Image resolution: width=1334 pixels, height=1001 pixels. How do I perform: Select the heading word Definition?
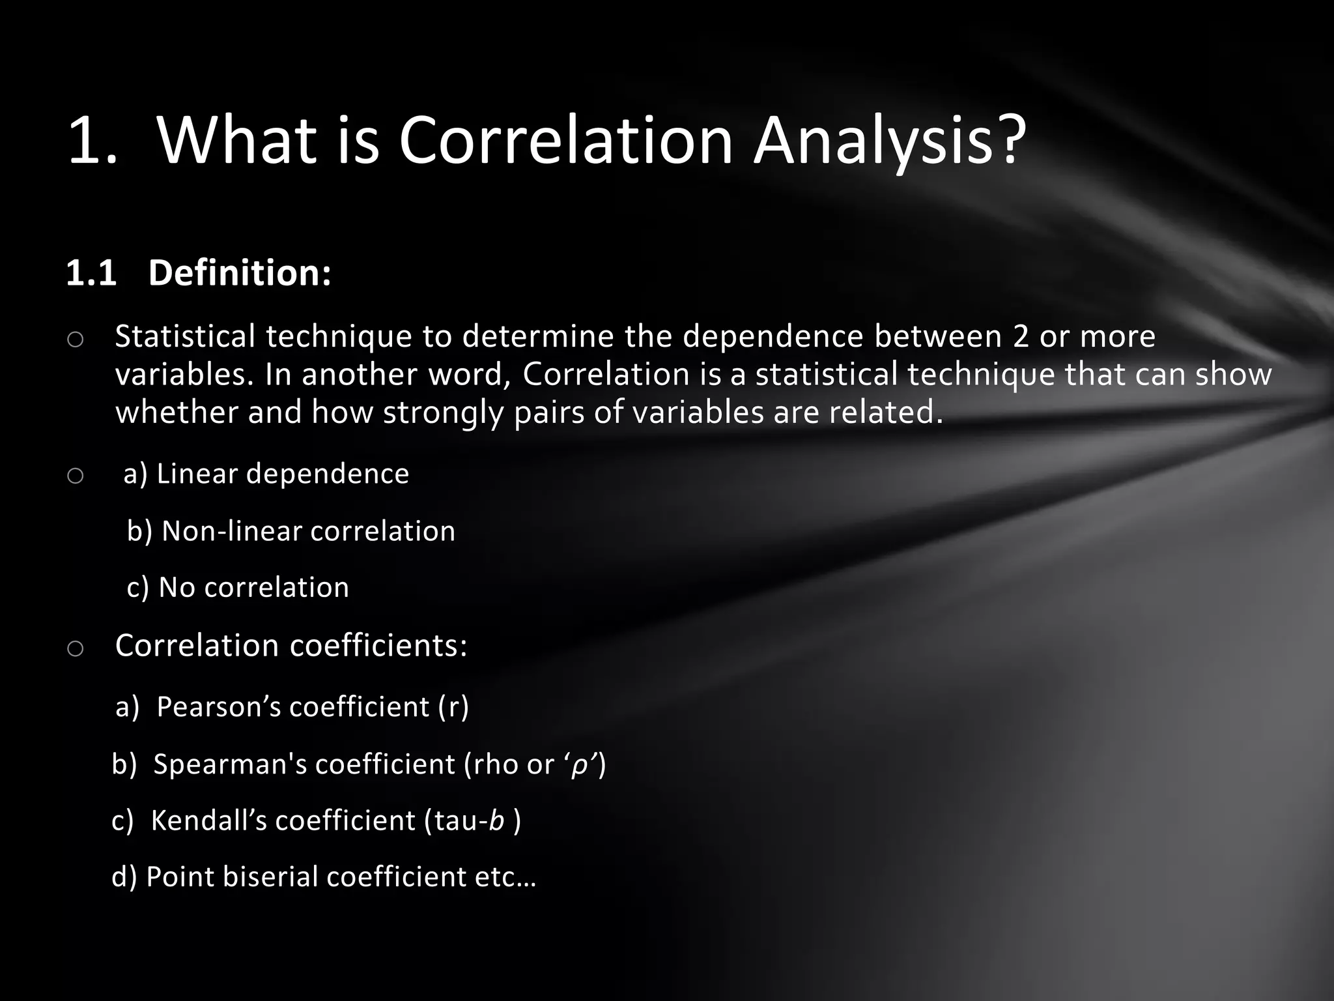click(x=239, y=272)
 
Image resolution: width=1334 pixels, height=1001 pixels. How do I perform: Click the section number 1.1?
click(x=91, y=273)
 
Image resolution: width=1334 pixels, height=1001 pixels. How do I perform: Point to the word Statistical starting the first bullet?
click(x=185, y=336)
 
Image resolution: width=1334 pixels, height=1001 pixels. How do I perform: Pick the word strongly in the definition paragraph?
click(x=443, y=413)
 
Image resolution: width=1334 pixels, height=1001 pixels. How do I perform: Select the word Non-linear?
click(x=231, y=531)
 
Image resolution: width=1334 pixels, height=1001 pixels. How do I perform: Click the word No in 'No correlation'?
click(x=177, y=588)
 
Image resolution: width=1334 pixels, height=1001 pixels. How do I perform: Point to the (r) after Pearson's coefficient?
click(x=453, y=707)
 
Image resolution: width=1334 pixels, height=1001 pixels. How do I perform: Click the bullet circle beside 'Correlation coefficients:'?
click(x=75, y=648)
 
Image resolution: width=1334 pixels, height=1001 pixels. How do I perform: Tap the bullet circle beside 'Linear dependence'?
click(x=75, y=476)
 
